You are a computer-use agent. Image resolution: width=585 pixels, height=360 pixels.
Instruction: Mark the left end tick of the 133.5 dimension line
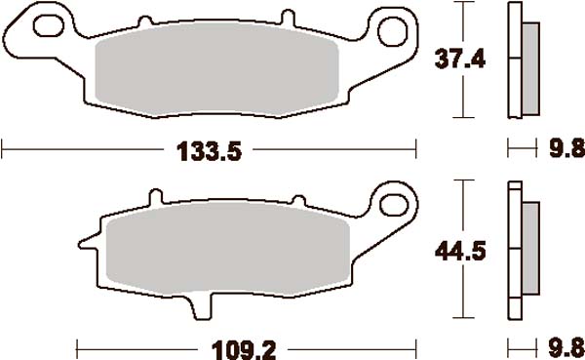[x=4, y=150]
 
